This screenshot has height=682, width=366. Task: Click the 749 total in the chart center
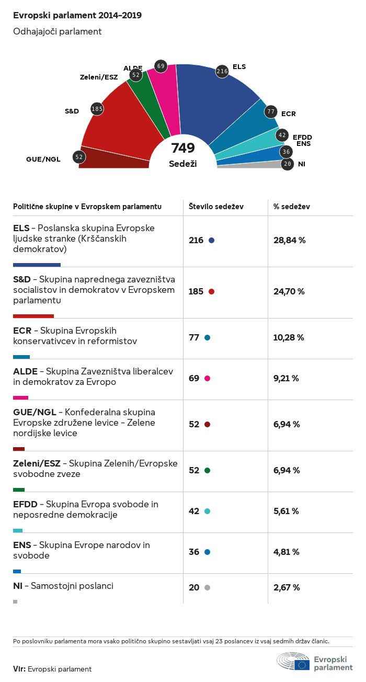tap(182, 148)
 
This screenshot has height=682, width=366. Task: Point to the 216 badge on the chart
tap(222, 71)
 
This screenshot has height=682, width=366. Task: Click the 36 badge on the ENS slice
tap(285, 152)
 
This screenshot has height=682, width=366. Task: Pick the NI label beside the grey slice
tap(302, 164)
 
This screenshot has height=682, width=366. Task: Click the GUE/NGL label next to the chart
tap(43, 159)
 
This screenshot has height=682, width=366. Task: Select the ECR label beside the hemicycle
tap(289, 113)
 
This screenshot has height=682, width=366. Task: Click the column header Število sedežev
tap(216, 207)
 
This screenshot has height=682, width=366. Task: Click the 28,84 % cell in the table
tap(289, 240)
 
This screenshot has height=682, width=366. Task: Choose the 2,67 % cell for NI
tap(287, 587)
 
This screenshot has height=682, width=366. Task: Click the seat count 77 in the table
tap(194, 337)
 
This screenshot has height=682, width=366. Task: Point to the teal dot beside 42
tap(208, 511)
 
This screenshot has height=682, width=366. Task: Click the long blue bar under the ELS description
tap(37, 265)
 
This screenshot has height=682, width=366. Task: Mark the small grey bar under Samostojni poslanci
tap(15, 601)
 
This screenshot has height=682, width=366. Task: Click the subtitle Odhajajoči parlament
tap(57, 31)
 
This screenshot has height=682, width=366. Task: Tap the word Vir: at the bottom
tap(19, 669)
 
